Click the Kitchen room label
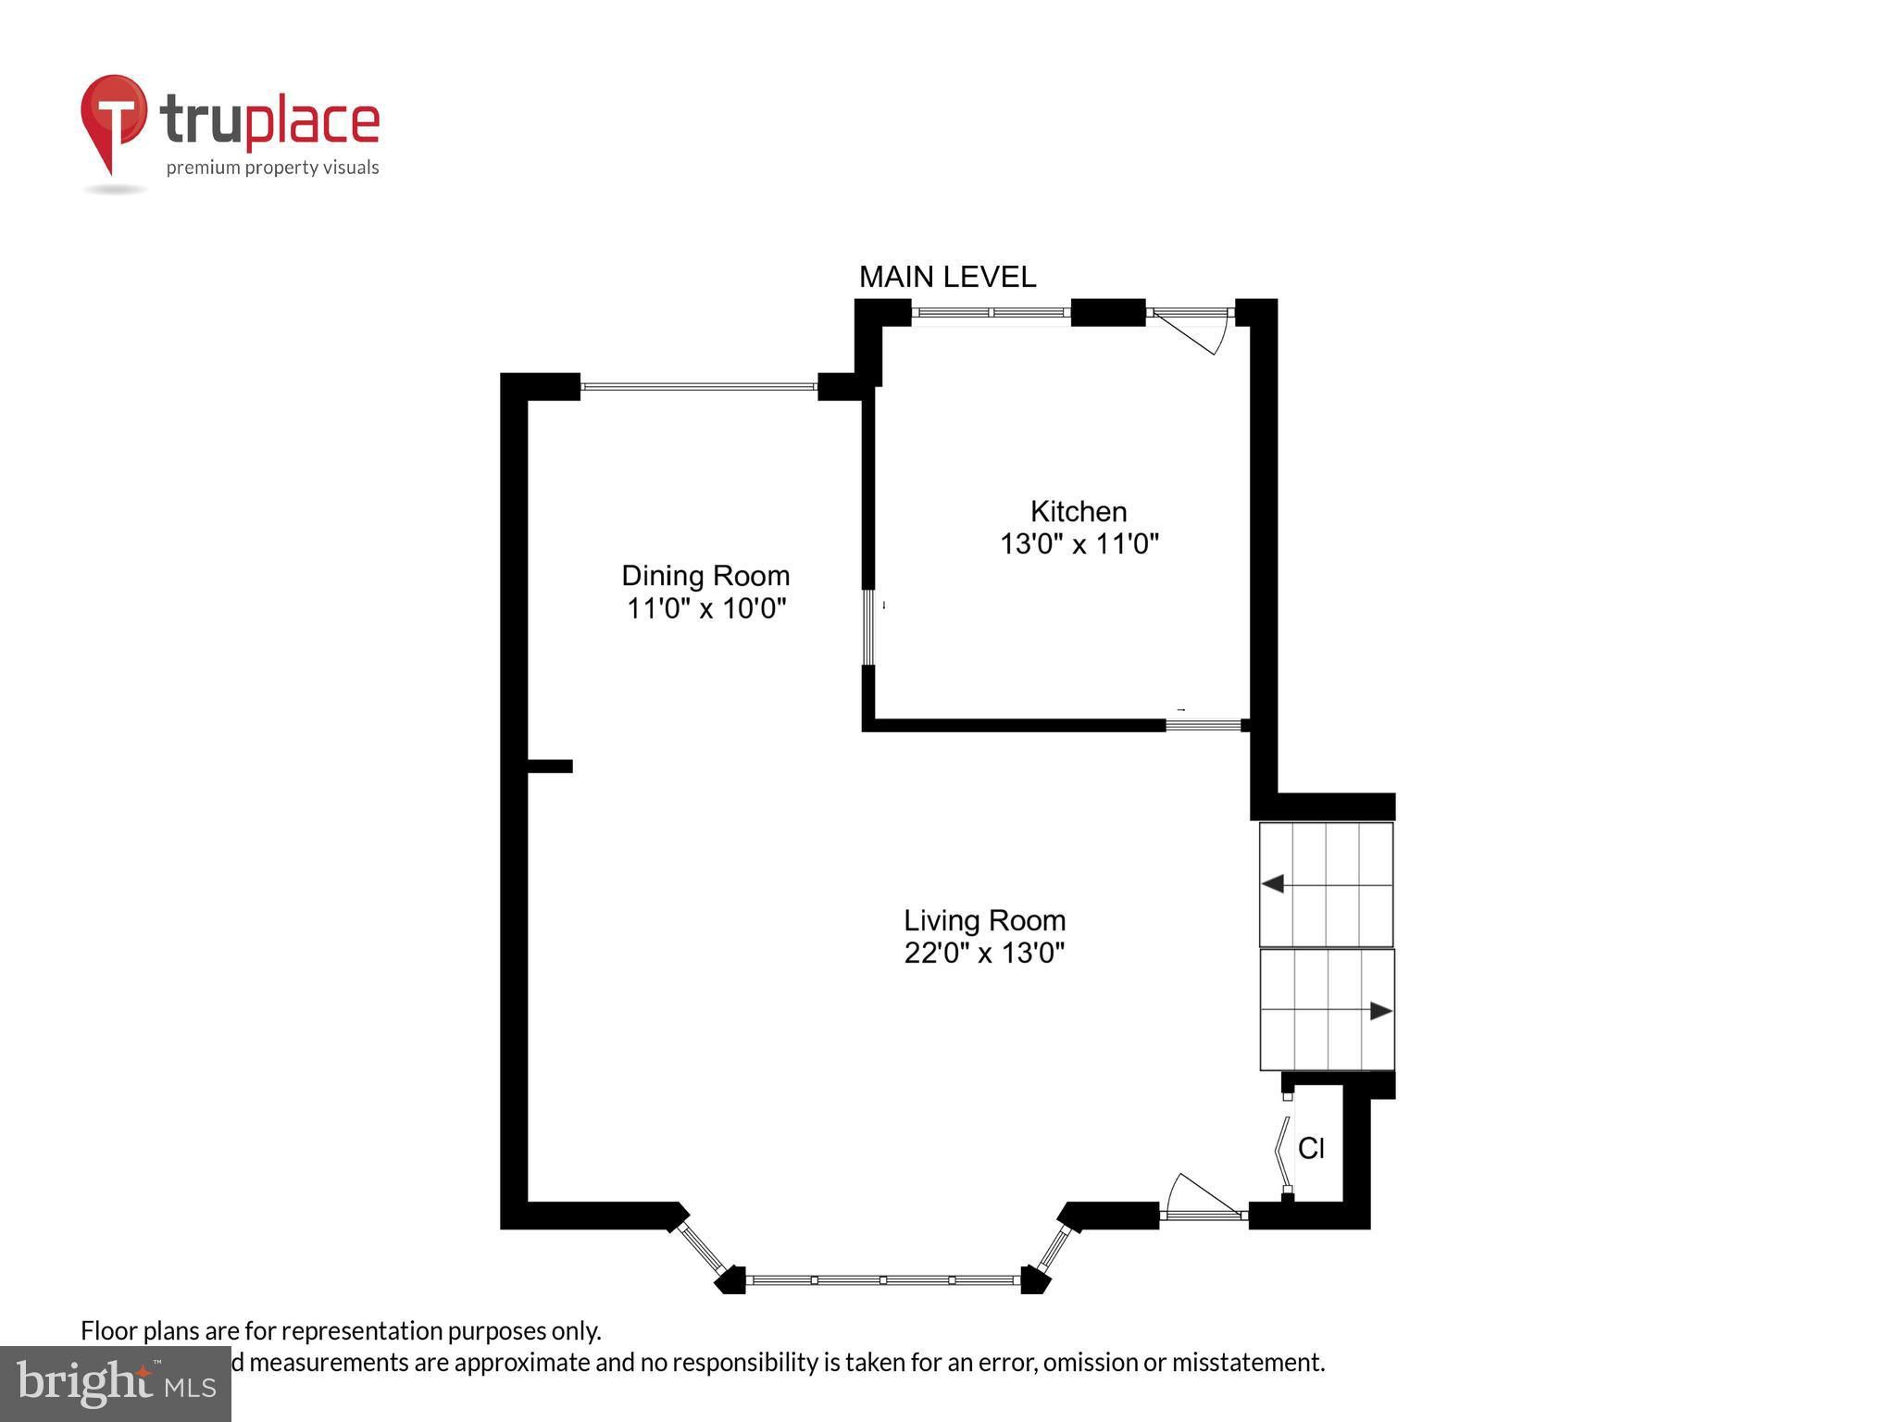click(1079, 511)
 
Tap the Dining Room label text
click(705, 576)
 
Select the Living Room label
click(984, 920)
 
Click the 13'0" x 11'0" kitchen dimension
click(1079, 543)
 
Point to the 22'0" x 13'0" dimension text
click(984, 953)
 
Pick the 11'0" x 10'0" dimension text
click(705, 608)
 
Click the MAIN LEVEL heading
click(947, 277)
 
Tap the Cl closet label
click(1311, 1148)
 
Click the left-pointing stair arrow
click(1274, 884)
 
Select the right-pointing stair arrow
click(1379, 1011)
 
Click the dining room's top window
click(699, 386)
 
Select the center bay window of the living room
click(883, 1280)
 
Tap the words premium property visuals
click(272, 168)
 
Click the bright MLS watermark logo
click(116, 1384)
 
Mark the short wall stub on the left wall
click(550, 766)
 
